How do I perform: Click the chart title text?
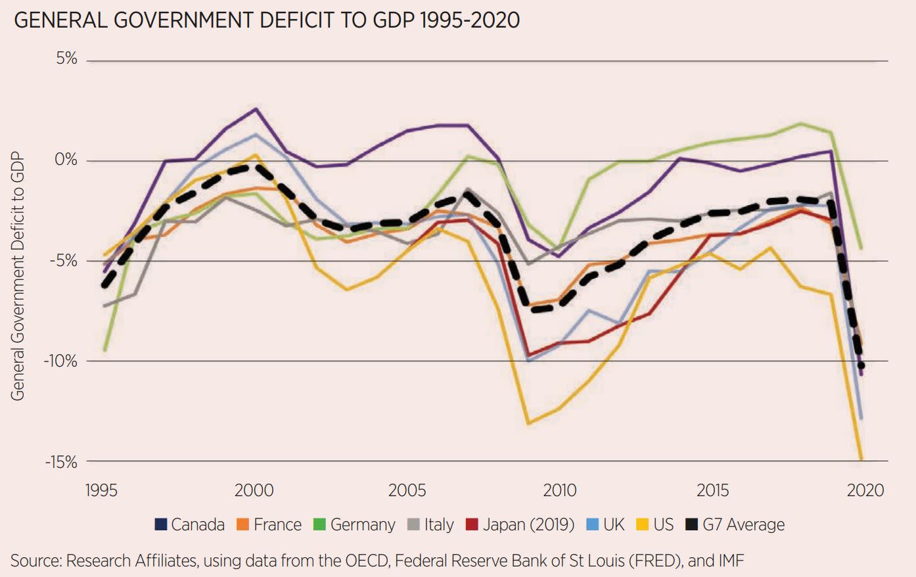click(266, 20)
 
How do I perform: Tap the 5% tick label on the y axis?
click(66, 58)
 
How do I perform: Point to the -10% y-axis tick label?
click(61, 361)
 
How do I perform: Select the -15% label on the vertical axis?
click(61, 462)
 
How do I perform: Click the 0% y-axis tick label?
click(66, 160)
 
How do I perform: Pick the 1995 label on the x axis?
click(101, 490)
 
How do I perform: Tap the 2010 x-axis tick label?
click(559, 490)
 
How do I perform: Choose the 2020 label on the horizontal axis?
click(865, 490)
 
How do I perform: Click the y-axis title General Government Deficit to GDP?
click(18, 277)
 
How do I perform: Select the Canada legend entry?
click(190, 524)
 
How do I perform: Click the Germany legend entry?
click(355, 524)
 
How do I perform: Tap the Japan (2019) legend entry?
click(520, 524)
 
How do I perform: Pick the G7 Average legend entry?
click(735, 524)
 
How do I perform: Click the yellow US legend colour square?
click(643, 524)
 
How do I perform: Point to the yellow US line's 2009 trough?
click(529, 423)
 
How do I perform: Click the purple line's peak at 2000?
click(256, 109)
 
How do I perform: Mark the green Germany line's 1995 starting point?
click(104, 350)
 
